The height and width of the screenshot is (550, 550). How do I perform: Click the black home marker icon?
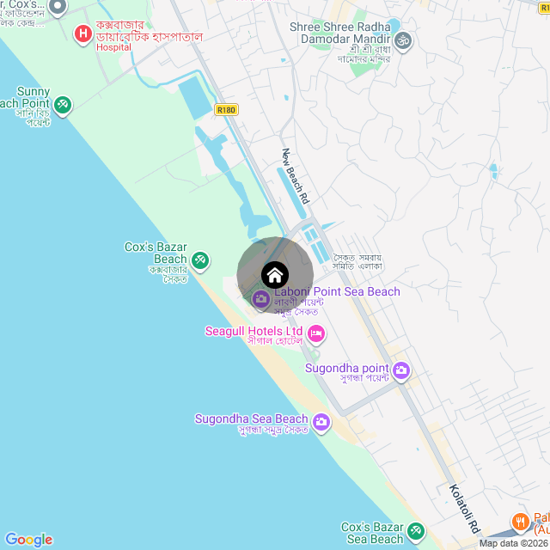[274, 275]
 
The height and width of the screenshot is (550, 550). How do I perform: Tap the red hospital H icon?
[83, 34]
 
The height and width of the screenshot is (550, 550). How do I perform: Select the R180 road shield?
[227, 110]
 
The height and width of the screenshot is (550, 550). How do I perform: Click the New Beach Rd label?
[296, 175]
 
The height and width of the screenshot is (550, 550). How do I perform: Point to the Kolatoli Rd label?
[464, 508]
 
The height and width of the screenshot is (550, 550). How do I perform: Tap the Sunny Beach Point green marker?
[62, 105]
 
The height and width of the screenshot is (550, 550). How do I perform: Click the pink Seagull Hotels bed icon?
[315, 333]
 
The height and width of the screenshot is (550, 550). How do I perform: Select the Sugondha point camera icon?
[401, 371]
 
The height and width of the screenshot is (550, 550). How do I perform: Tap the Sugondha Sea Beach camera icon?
[321, 421]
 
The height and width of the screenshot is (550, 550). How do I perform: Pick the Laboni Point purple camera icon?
[260, 299]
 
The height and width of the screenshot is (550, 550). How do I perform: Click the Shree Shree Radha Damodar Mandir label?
[339, 33]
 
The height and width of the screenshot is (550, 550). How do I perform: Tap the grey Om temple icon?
[402, 40]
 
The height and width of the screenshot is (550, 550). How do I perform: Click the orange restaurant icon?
[520, 521]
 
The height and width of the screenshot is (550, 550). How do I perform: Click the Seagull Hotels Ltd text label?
[254, 331]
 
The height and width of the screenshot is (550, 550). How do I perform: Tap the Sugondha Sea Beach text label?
[251, 419]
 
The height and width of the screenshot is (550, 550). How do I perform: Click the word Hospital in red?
[113, 47]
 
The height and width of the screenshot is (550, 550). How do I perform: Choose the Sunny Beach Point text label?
[34, 98]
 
